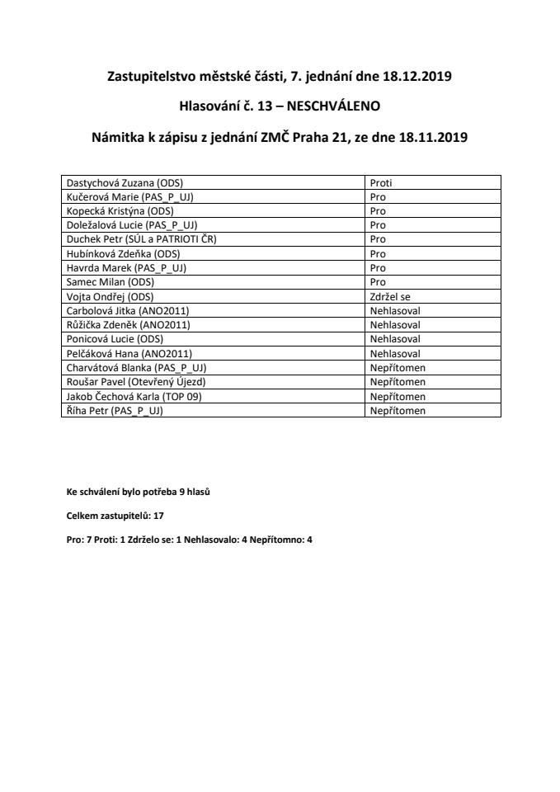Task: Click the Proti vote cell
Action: pos(380,183)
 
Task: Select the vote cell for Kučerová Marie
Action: pos(378,197)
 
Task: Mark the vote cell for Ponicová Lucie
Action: pos(395,338)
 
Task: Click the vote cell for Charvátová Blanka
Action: pos(398,367)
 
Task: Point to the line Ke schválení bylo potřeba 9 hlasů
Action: pos(139,492)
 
